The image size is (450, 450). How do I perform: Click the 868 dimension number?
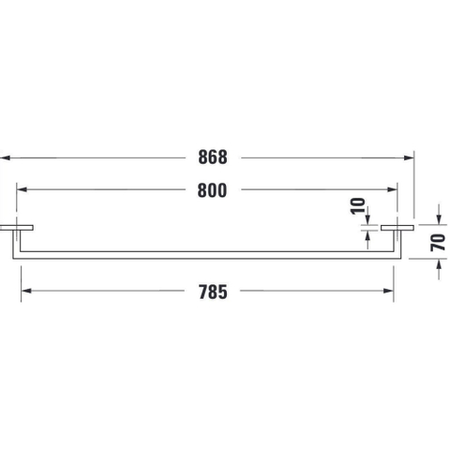coord(213,157)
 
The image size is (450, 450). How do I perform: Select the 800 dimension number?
coord(212,190)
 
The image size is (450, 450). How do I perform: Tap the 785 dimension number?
coord(213,292)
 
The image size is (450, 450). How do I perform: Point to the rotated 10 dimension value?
coord(358,206)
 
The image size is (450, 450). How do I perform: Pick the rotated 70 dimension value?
coord(438,242)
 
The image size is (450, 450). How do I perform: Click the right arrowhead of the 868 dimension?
coord(409,157)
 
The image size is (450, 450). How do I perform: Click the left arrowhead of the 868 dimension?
coord(5,157)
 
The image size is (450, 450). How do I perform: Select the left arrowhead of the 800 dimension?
coord(22,189)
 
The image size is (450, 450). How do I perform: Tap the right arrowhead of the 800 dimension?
coord(392,189)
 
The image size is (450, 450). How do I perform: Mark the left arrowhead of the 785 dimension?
coord(26,291)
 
